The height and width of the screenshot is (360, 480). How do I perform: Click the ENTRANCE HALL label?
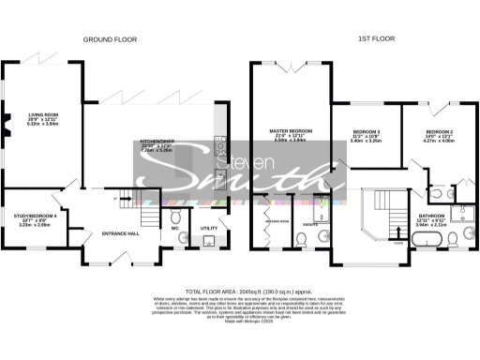click(x=121, y=232)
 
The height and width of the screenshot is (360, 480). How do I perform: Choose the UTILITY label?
click(x=209, y=227)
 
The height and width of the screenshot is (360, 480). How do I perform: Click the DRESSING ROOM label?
click(x=277, y=221)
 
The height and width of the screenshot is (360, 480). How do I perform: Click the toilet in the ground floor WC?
click(x=175, y=242)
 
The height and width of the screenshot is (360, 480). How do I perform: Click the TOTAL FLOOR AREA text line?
click(x=239, y=292)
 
